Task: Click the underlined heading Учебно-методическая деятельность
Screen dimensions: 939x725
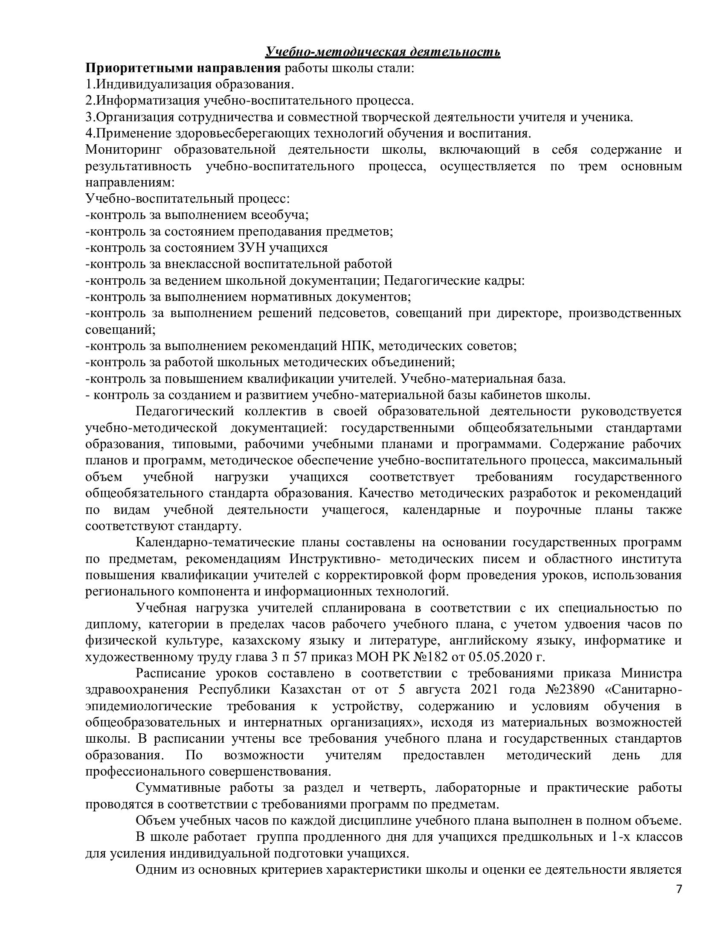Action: pos(383,52)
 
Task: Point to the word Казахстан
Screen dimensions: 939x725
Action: pos(310,690)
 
